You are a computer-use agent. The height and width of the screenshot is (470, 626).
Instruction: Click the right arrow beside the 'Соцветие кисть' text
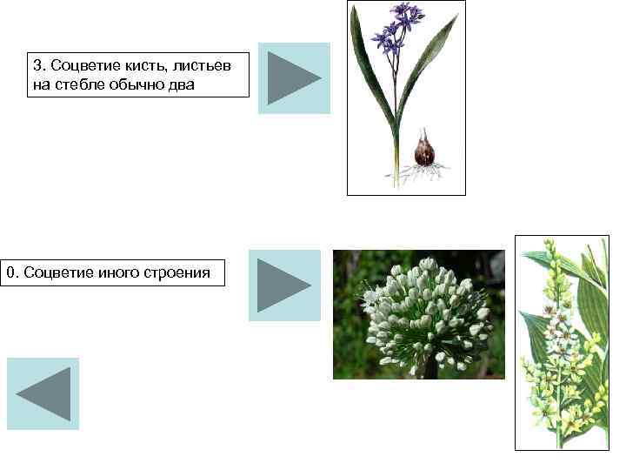294,78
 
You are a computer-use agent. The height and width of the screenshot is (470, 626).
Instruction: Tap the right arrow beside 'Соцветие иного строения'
284,285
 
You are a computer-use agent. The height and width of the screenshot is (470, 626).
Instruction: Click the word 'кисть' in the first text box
150,66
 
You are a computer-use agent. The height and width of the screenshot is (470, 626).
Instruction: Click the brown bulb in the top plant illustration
424,151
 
